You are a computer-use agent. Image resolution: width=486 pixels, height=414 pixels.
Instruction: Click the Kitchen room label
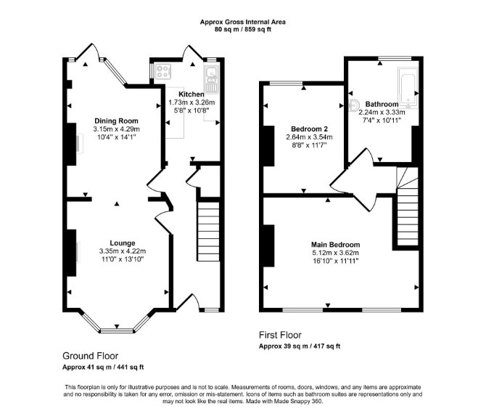pyautogui.click(x=191, y=94)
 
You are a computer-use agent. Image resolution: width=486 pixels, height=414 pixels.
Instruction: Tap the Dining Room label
pyautogui.click(x=116, y=121)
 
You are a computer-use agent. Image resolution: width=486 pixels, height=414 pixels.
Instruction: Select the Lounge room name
pyautogui.click(x=123, y=243)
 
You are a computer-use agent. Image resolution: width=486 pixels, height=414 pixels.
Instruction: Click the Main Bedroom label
pyautogui.click(x=336, y=245)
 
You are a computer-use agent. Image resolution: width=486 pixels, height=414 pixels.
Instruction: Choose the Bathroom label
pyautogui.click(x=382, y=104)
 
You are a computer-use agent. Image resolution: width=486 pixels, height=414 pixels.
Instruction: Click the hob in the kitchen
pyautogui.click(x=163, y=71)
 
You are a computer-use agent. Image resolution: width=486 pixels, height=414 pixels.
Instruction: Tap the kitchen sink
pyautogui.click(x=211, y=79)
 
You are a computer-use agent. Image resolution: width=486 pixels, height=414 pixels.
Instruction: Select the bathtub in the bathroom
pyautogui.click(x=408, y=86)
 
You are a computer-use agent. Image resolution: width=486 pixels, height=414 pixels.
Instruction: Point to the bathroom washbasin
pyautogui.click(x=354, y=105)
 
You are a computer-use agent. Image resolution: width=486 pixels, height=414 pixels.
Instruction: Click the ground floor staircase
pyautogui.click(x=209, y=232)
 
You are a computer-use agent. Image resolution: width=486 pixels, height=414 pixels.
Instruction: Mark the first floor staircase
pyautogui.click(x=408, y=206)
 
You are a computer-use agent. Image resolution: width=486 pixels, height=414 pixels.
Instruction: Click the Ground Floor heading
pyautogui.click(x=90, y=356)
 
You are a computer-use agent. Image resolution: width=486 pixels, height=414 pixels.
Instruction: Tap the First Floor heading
pyautogui.click(x=280, y=335)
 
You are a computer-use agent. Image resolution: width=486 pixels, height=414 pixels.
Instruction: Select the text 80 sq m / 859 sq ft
pyautogui.click(x=243, y=30)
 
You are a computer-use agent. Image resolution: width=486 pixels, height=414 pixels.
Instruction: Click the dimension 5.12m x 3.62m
pyautogui.click(x=336, y=253)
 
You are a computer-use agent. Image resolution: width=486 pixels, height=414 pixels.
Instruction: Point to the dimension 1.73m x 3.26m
pyautogui.click(x=191, y=102)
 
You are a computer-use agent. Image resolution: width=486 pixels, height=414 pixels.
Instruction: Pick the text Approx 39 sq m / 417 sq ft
pyautogui.click(x=300, y=346)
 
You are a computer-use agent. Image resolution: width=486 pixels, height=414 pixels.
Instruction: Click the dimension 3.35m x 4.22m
pyautogui.click(x=123, y=251)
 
